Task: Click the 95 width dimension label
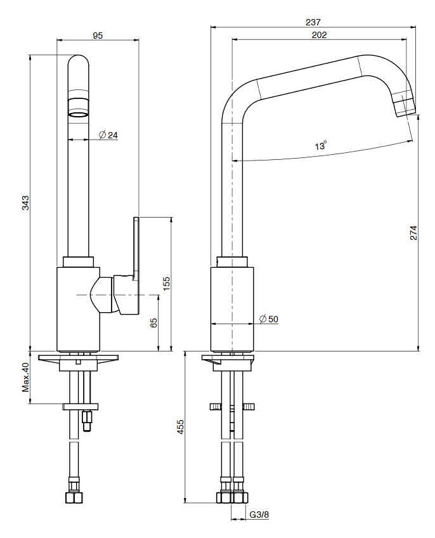(x=98, y=36)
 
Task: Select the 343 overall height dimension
(x=25, y=202)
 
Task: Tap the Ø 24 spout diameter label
(x=108, y=135)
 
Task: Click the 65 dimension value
(x=153, y=323)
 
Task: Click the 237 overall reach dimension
(x=313, y=22)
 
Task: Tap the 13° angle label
(x=321, y=146)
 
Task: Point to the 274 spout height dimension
(x=413, y=233)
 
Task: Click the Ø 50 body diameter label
(x=269, y=319)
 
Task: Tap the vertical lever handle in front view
(x=136, y=247)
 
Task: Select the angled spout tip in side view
(x=403, y=104)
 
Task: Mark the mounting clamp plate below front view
(x=81, y=406)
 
